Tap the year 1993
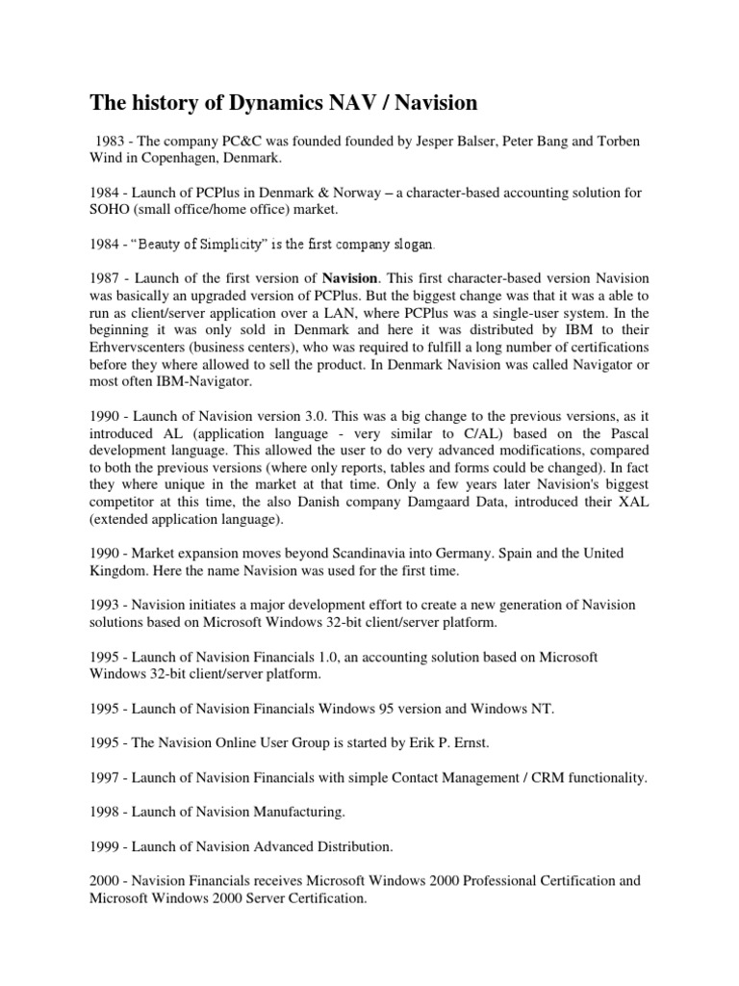[x=108, y=604]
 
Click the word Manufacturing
[x=288, y=812]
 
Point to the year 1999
[x=108, y=846]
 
